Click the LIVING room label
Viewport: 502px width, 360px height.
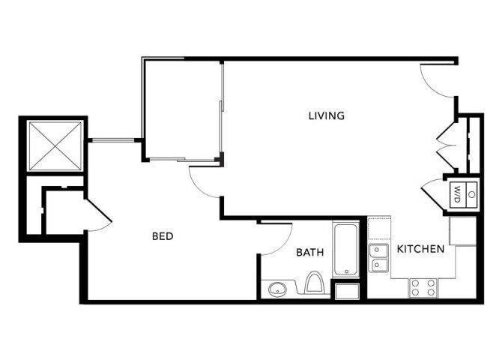click(327, 115)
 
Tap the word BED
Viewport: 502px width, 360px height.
click(163, 236)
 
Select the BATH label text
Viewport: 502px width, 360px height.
click(309, 253)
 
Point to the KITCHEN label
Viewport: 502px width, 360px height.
click(420, 249)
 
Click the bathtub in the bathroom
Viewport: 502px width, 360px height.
click(346, 250)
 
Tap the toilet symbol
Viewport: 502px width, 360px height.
click(315, 283)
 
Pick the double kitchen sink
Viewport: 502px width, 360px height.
click(378, 256)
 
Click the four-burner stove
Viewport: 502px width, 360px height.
click(423, 286)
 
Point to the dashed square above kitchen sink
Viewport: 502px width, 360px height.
click(379, 228)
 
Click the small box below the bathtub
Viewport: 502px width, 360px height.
click(348, 291)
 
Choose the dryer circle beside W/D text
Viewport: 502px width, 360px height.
click(471, 194)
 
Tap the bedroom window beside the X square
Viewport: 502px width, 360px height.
click(112, 139)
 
